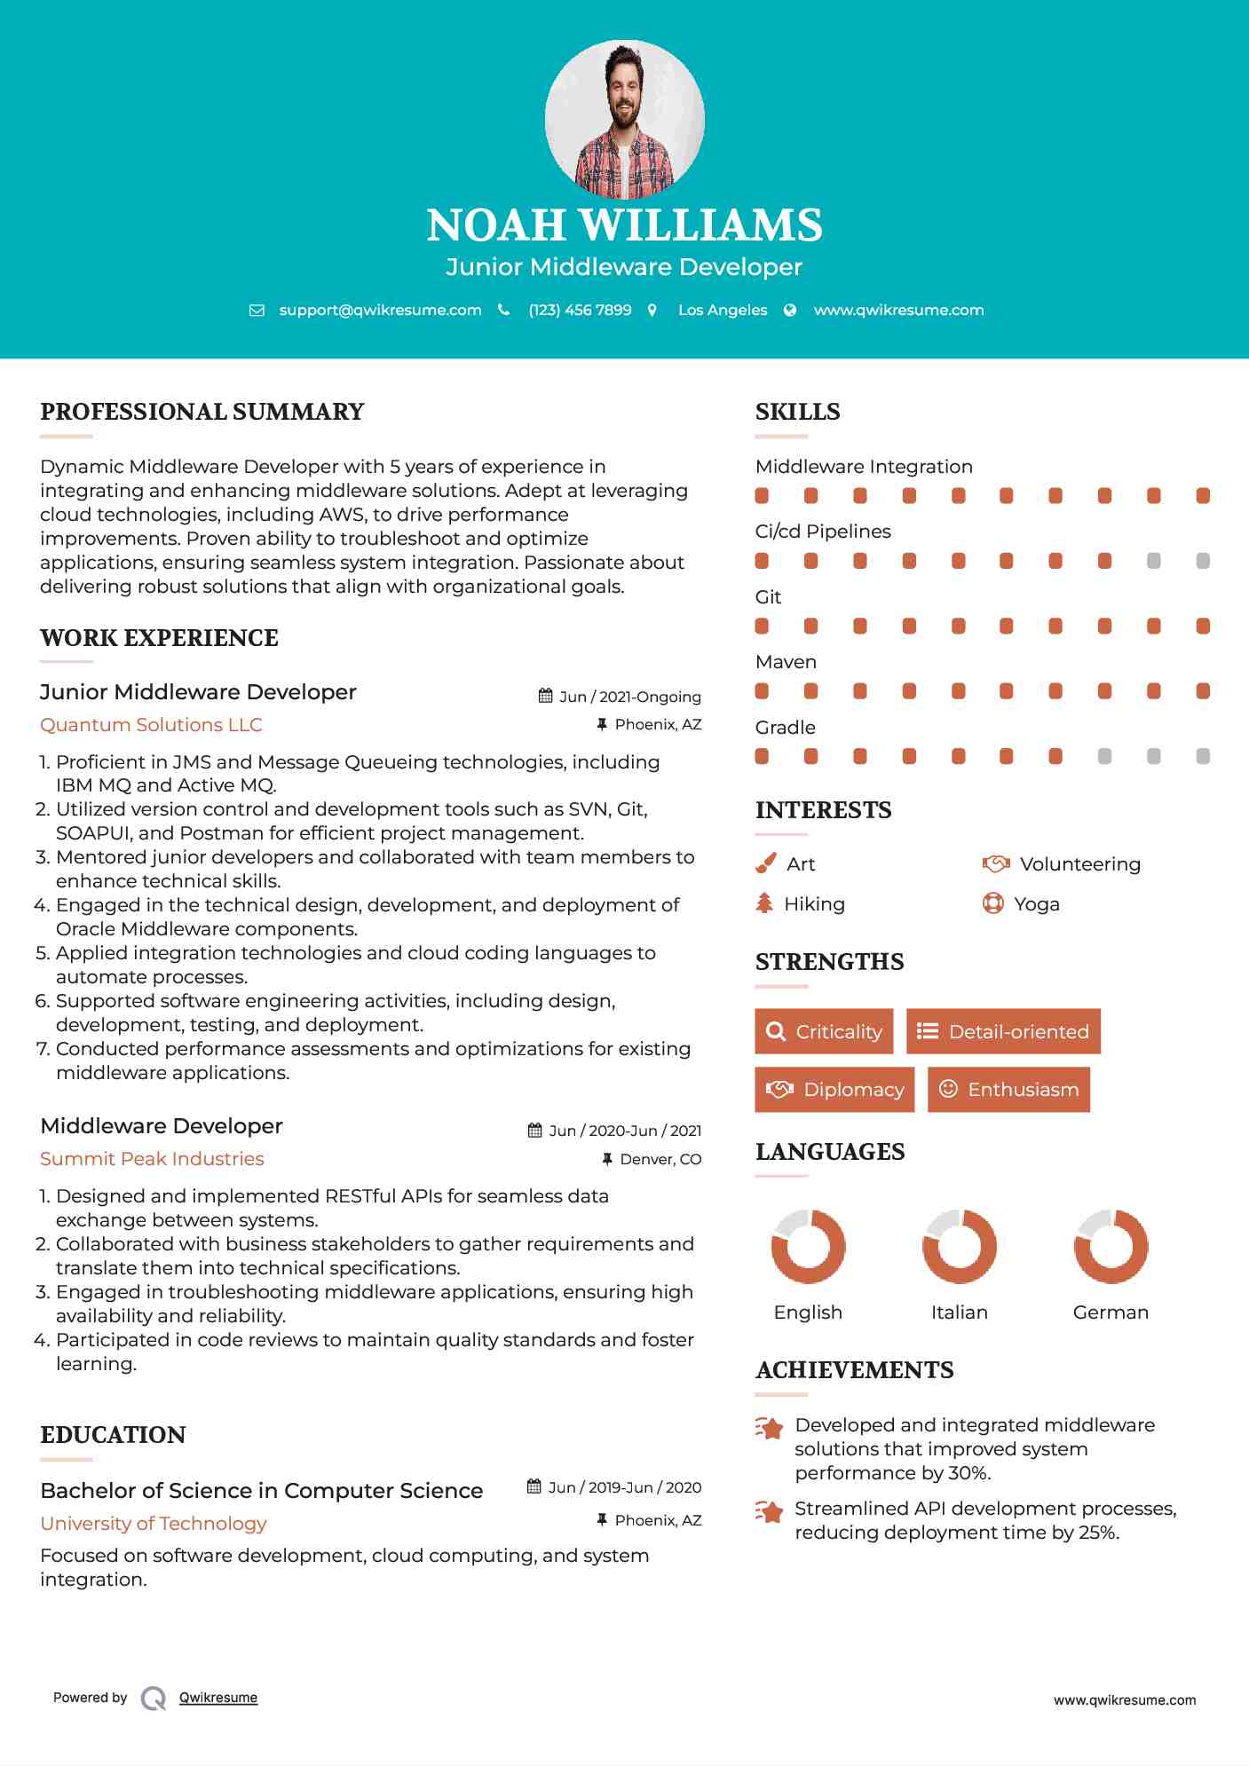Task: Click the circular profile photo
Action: point(624,119)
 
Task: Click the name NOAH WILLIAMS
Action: point(624,225)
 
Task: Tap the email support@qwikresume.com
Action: point(380,310)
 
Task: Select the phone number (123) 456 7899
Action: point(580,310)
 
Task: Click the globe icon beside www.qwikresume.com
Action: point(790,310)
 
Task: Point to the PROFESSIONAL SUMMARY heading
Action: point(202,412)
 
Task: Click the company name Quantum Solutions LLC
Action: point(151,725)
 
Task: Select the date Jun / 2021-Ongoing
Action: point(629,697)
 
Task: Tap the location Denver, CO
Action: point(660,1159)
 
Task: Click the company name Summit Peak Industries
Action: point(152,1159)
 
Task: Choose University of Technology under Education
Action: point(154,1524)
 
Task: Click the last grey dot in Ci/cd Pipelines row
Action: point(1203,561)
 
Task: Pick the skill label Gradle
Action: point(785,728)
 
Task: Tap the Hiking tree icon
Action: point(764,903)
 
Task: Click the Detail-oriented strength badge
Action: point(1003,1031)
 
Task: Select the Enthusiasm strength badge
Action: point(1008,1089)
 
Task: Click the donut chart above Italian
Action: point(959,1246)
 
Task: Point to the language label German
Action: point(1111,1313)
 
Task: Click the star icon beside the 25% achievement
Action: point(769,1511)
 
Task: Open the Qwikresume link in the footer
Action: point(218,1698)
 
